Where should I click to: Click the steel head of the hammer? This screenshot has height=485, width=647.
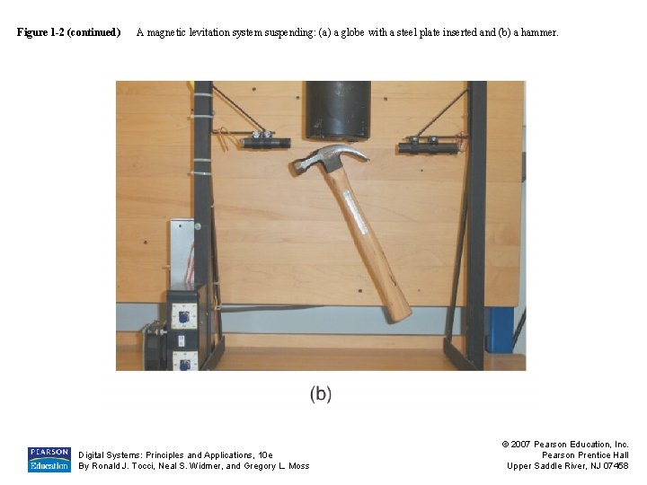point(328,160)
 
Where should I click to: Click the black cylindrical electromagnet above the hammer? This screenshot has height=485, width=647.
point(338,110)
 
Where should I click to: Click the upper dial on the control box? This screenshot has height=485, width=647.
point(183,315)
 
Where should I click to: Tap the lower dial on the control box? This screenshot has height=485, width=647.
point(184,360)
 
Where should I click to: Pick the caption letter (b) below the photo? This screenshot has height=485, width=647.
point(321,393)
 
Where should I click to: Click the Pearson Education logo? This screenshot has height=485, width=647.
point(49,459)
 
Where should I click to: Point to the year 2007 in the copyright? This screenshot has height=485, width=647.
point(523,445)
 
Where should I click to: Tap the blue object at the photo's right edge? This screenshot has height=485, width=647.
point(500,329)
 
